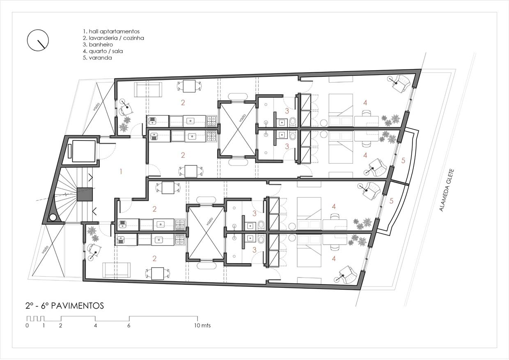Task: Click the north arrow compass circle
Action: [x=27, y=41]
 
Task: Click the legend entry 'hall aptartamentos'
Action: [x=114, y=31]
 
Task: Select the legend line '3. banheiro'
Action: [x=98, y=45]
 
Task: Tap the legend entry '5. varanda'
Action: [x=97, y=58]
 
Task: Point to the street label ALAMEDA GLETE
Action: [x=446, y=190]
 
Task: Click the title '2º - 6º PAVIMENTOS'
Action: [x=65, y=306]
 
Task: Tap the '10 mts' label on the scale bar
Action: [x=202, y=326]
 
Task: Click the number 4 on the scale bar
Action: [x=95, y=326]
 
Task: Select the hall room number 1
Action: [x=121, y=171]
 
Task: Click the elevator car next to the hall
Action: [x=84, y=151]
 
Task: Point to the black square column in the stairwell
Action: [x=85, y=194]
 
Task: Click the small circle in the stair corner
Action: [x=53, y=218]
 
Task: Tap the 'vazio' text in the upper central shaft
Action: [x=242, y=118]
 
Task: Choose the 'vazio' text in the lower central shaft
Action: [x=209, y=221]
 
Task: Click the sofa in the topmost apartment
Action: [x=148, y=90]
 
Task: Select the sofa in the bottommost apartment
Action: [x=117, y=270]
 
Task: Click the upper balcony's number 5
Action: [x=403, y=161]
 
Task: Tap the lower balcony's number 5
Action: [x=391, y=201]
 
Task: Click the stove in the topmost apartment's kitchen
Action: [x=211, y=121]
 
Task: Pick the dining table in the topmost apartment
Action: [x=189, y=86]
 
